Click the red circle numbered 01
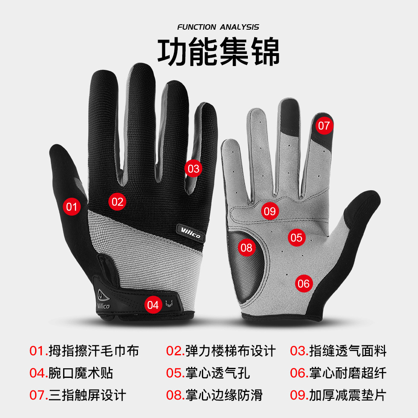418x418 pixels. tap(72, 206)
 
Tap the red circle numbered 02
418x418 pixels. tap(117, 202)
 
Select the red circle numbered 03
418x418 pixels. tap(194, 169)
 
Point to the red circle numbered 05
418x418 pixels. tap(296, 238)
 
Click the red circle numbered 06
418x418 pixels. tap(304, 284)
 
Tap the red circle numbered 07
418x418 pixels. tap(324, 125)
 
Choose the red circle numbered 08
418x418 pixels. tap(247, 247)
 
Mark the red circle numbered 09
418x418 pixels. tap(270, 211)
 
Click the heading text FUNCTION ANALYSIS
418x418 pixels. tap(218, 27)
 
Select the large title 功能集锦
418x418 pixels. tap(218, 52)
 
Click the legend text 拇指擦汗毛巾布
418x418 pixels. tap(94, 351)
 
